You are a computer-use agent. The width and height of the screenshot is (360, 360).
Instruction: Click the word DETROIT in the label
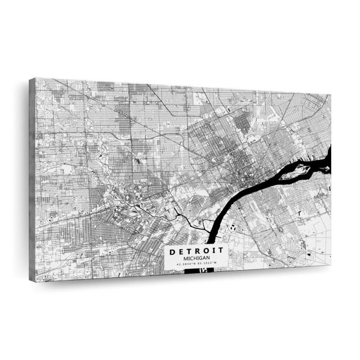197,251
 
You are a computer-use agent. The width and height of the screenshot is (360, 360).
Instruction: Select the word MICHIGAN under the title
197,258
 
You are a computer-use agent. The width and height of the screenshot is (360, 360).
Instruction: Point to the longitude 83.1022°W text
207,264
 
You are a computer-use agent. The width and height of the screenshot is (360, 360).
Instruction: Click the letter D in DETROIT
172,252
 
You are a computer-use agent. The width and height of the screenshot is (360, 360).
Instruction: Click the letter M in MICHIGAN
185,258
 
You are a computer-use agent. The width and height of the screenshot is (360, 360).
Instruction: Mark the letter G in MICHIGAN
200,258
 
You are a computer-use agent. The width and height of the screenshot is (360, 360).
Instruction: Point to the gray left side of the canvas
32,180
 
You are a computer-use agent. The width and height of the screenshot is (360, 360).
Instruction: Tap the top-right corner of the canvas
330,95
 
